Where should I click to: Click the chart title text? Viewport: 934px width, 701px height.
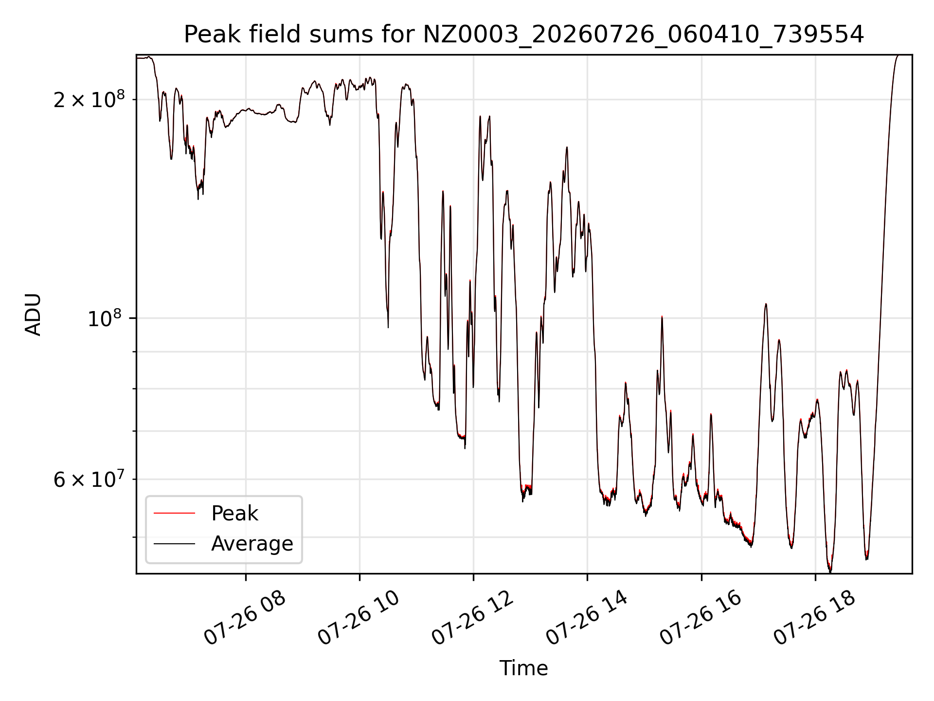click(524, 35)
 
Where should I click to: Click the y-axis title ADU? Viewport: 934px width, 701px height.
click(33, 314)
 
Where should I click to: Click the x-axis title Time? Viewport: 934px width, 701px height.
click(524, 668)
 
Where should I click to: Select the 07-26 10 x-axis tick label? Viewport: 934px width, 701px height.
click(359, 618)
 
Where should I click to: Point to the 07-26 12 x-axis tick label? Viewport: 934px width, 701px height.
click(472, 618)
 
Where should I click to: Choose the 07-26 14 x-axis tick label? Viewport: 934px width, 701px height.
click(587, 618)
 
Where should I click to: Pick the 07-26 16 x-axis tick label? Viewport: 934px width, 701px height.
click(700, 618)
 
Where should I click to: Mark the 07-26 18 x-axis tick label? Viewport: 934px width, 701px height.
click(814, 618)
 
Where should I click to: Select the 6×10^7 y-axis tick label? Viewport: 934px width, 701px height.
click(89, 480)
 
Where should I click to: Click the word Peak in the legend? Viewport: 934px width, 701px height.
click(234, 514)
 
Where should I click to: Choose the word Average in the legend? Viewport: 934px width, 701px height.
click(252, 544)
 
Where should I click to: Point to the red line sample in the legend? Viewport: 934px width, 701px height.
click(174, 513)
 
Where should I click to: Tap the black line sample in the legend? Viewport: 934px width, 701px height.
click(174, 544)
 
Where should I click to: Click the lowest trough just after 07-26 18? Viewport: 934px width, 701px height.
click(830, 571)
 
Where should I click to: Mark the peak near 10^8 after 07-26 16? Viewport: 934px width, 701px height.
click(766, 304)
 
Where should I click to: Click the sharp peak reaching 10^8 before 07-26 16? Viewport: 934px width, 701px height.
click(662, 317)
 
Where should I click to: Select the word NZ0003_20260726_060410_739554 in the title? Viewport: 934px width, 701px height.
click(644, 35)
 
